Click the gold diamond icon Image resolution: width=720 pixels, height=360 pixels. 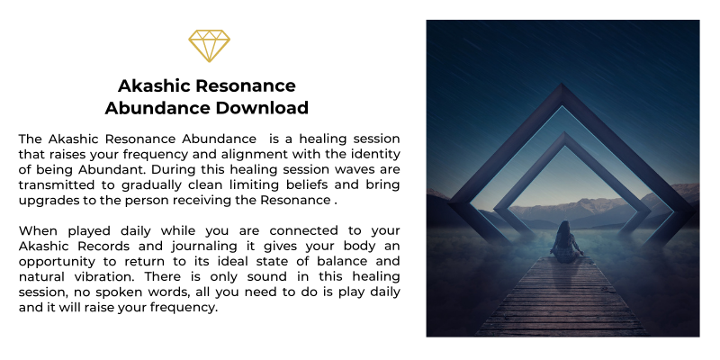[209, 46]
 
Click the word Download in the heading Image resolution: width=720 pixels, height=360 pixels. [262, 108]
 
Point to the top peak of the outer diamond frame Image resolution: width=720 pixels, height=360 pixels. [561, 85]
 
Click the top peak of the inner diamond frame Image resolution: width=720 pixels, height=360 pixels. [564, 133]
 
